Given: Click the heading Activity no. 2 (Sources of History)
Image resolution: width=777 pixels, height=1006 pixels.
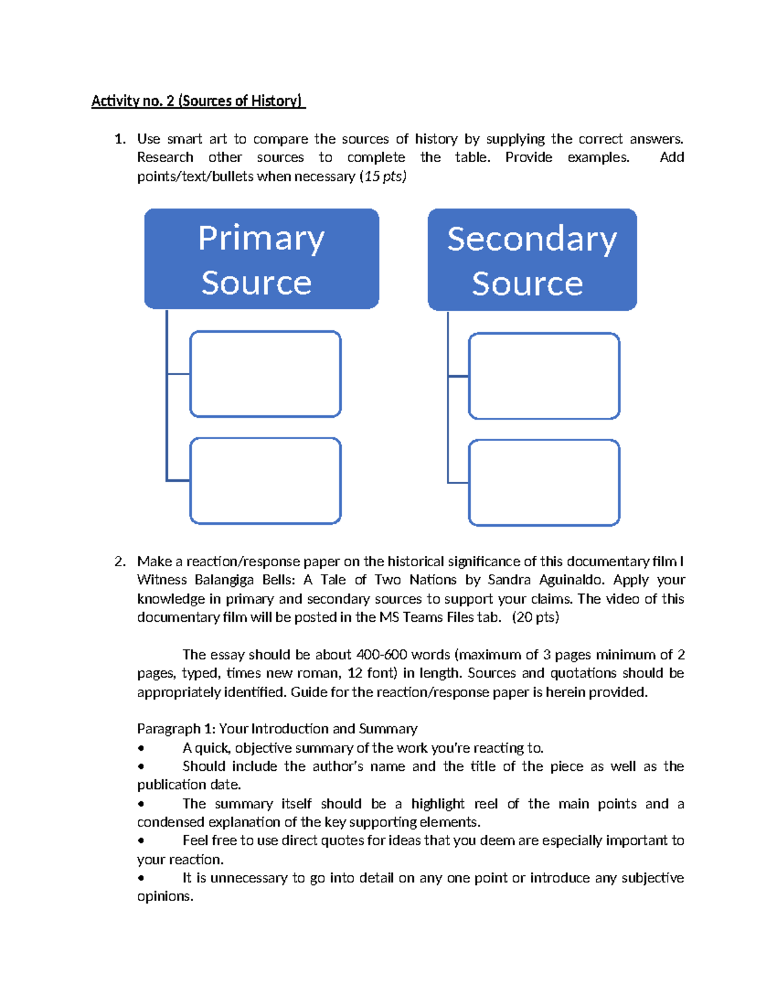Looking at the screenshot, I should pyautogui.click(x=197, y=101).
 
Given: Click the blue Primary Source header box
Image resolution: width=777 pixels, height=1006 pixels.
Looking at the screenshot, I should pyautogui.click(x=261, y=258).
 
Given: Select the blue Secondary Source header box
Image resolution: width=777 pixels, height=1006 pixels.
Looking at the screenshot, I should pyautogui.click(x=532, y=259).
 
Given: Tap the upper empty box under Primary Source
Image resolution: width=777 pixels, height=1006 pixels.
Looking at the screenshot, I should pyautogui.click(x=265, y=374).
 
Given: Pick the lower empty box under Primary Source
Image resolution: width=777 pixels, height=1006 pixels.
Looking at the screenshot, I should pyautogui.click(x=265, y=481).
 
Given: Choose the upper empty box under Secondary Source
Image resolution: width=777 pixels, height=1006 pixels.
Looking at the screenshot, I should pyautogui.click(x=544, y=376).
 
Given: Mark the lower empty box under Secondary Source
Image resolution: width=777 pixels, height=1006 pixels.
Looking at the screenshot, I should pyautogui.click(x=544, y=483).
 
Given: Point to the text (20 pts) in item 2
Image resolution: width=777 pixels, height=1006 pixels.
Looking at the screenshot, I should pyautogui.click(x=535, y=617).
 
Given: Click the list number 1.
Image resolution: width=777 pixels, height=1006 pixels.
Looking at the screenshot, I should pyautogui.click(x=119, y=139).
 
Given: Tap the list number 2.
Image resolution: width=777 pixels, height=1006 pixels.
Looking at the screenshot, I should pyautogui.click(x=119, y=561).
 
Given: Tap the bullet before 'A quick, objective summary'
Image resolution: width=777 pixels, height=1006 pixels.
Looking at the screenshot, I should pyautogui.click(x=141, y=748).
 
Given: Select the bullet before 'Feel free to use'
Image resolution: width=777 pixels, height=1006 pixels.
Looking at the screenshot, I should pyautogui.click(x=141, y=841).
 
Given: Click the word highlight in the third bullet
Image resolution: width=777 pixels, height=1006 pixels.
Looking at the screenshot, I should pyautogui.click(x=438, y=804).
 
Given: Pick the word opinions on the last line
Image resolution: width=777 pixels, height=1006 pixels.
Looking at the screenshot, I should pyautogui.click(x=164, y=897).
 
